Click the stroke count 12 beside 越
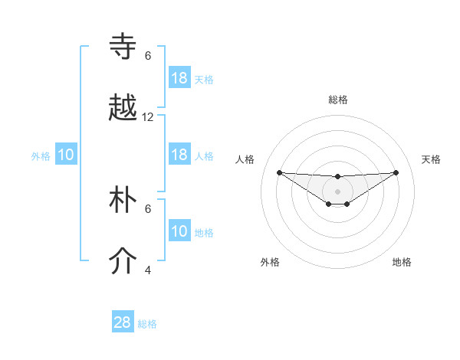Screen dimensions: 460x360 (x=148, y=117)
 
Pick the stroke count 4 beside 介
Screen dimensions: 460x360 (x=148, y=270)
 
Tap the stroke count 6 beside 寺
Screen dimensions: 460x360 (x=148, y=56)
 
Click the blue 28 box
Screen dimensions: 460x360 (x=123, y=322)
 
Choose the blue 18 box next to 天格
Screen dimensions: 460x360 (x=179, y=78)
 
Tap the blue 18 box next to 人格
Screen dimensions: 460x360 (x=179, y=155)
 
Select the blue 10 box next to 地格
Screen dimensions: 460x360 (x=179, y=231)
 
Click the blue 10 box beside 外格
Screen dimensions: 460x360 (x=66, y=155)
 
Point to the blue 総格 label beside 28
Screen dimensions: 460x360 (x=147, y=324)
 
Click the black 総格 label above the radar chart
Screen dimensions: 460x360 (x=338, y=100)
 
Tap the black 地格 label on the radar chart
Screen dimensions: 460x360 (x=402, y=262)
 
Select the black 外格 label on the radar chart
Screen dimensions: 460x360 (x=270, y=262)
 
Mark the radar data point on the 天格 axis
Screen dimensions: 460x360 (x=396, y=172)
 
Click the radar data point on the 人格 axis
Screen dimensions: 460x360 (x=279, y=172)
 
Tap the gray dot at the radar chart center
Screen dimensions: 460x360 (x=337, y=191)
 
